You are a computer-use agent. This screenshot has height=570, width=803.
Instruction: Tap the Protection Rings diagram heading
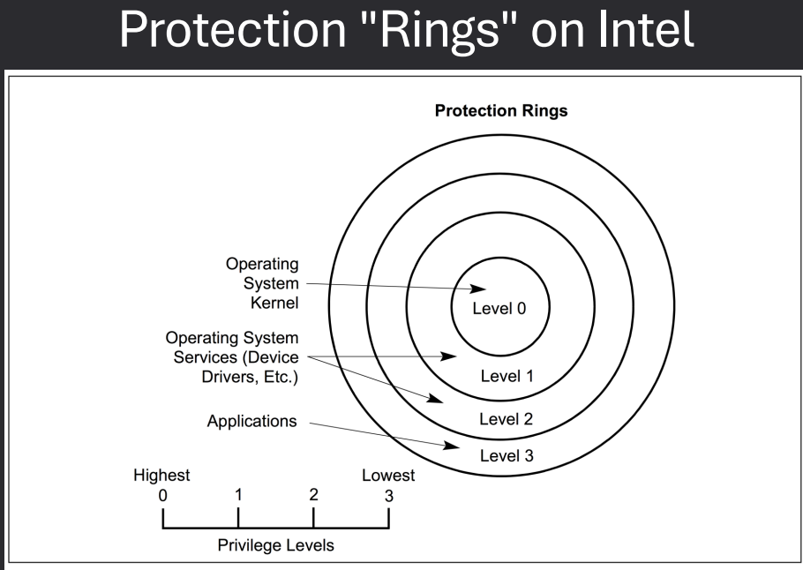499,113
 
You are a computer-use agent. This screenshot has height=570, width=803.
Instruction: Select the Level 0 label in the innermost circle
499,309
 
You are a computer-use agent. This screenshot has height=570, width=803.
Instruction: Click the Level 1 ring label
507,376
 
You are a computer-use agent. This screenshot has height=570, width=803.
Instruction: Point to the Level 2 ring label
507,417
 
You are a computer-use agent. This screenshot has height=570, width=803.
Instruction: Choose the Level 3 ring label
507,455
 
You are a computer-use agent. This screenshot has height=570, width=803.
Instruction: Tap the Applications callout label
251,422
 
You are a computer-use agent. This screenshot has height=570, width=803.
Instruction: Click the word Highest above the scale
161,476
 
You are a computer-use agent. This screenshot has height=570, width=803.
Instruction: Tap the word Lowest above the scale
388,476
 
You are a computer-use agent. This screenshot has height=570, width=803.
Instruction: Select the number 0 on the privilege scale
163,494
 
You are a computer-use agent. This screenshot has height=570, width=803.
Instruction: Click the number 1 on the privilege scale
238,493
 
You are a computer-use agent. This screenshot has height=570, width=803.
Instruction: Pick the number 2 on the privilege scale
314,493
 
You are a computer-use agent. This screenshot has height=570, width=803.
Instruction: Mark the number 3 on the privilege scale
389,494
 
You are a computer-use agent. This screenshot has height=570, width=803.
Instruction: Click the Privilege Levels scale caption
276,545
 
